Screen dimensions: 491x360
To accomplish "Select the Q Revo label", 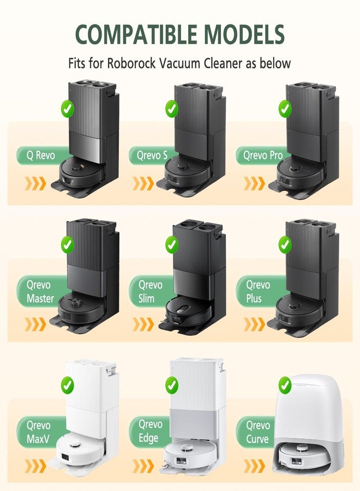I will click(41, 155).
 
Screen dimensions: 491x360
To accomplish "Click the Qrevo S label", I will click(150, 155).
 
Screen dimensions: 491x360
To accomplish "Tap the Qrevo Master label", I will click(40, 292).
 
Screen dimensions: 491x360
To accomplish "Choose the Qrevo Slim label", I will click(150, 292).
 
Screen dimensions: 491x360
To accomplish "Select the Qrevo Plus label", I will click(257, 292).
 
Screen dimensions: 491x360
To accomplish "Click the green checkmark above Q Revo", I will click(68, 109).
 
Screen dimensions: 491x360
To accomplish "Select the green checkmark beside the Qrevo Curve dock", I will click(285, 386).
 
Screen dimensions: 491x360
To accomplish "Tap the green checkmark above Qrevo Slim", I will click(172, 245).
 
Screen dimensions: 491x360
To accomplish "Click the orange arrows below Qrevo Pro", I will click(254, 183).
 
